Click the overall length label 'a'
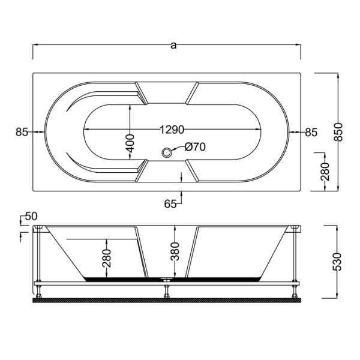(173, 45)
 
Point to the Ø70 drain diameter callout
(196, 147)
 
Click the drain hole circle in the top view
(166, 153)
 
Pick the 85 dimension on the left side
(22, 132)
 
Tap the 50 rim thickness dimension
(31, 216)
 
